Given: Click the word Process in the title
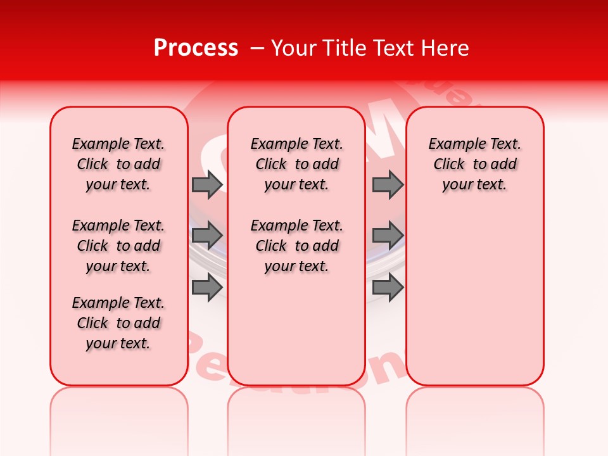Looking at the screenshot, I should tap(196, 48).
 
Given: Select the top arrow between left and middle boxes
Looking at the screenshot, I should tap(206, 184).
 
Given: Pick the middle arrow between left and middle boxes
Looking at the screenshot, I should tap(206, 236).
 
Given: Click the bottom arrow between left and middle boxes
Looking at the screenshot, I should tap(206, 287).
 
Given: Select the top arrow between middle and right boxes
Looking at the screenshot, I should tap(387, 184).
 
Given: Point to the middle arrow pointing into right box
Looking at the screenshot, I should tap(387, 236).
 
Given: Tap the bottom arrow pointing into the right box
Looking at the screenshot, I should tap(387, 287).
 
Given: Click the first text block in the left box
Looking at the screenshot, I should tap(118, 164).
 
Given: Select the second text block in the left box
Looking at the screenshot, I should tap(118, 246).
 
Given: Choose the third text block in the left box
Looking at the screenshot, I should tap(118, 323).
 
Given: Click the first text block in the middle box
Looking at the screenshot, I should tap(297, 164).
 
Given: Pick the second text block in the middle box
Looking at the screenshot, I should tap(297, 246).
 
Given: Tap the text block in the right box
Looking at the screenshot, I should tap(475, 164).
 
